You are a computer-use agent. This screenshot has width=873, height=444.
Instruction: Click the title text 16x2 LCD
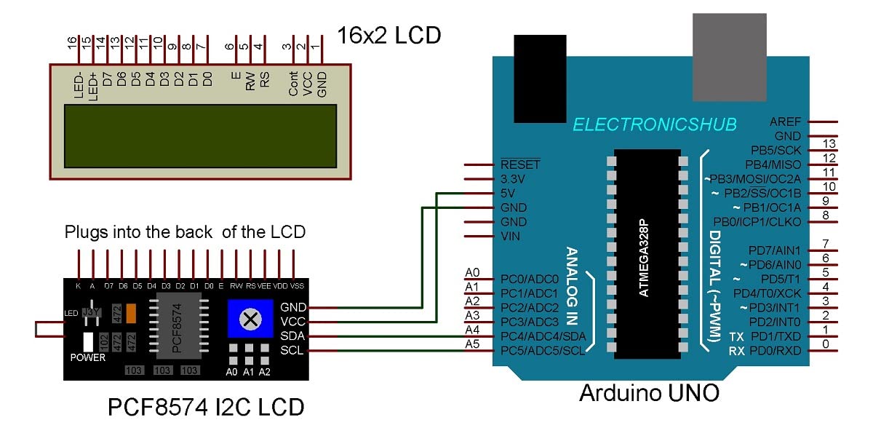pos(388,34)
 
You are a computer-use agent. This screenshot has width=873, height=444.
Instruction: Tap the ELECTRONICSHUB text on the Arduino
pos(655,124)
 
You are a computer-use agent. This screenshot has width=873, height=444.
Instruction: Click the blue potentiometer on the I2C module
pos(250,319)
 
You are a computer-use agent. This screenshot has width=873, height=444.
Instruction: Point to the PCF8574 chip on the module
pos(178,326)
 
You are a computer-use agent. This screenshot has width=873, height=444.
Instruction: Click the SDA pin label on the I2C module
pos(293,336)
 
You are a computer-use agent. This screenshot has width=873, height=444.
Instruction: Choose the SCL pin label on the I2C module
pos(293,351)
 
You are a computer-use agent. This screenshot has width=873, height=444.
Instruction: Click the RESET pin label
pos(520,164)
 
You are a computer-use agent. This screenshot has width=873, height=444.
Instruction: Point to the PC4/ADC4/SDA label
pos(543,336)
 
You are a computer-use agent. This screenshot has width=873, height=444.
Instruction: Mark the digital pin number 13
pos(825,143)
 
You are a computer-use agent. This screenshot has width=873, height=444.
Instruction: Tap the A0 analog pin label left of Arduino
pos(472,272)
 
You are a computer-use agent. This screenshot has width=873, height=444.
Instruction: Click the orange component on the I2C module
pos(132,313)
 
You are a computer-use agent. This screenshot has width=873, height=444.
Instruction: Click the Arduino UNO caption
pos(649,393)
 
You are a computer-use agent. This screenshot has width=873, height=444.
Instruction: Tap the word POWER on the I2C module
pos(87,357)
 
